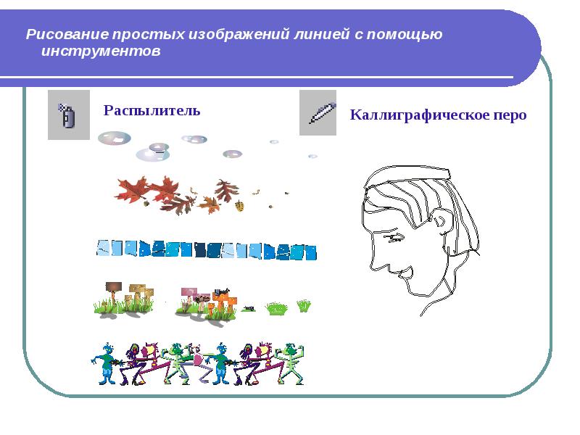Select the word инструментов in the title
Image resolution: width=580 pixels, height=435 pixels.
(x=101, y=52)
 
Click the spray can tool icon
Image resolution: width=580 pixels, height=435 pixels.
(x=68, y=115)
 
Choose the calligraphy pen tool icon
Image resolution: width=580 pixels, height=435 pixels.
(x=318, y=112)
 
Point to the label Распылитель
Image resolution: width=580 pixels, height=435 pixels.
(x=152, y=110)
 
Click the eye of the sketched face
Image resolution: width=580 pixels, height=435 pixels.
(x=394, y=237)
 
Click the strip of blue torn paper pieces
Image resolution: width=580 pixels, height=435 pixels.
(x=207, y=250)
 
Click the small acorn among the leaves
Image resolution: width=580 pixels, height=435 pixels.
(x=239, y=206)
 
